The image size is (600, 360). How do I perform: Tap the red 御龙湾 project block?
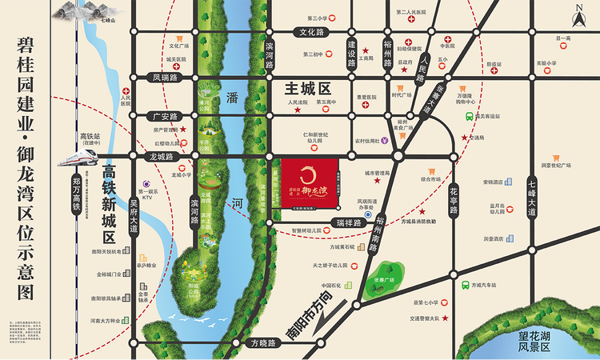pyautogui.click(x=310, y=182)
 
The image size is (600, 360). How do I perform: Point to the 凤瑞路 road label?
pyautogui.click(x=164, y=78)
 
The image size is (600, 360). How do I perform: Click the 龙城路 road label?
pyautogui.click(x=161, y=156)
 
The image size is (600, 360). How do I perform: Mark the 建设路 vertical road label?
pyautogui.click(x=350, y=53)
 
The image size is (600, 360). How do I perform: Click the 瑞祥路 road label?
pyautogui.click(x=350, y=222)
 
